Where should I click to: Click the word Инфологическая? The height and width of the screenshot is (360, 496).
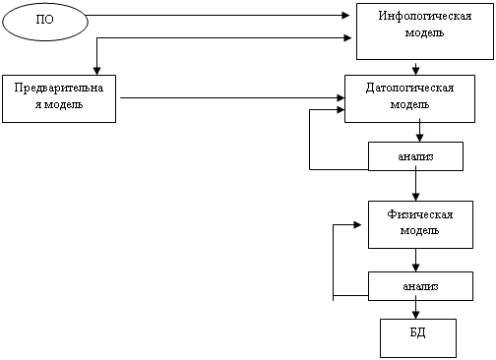click(x=425, y=16)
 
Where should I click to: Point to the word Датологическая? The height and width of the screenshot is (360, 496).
click(x=409, y=88)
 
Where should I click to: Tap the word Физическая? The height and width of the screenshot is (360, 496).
click(x=420, y=214)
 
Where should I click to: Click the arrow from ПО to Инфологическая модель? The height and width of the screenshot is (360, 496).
click(x=217, y=15)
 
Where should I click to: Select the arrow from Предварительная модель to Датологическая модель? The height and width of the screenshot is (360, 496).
click(x=232, y=97)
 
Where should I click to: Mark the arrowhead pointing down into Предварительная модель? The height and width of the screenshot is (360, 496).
click(x=96, y=71)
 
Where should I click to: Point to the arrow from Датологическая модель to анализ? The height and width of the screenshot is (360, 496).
click(x=419, y=132)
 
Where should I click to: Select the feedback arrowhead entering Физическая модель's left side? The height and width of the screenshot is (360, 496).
click(x=357, y=225)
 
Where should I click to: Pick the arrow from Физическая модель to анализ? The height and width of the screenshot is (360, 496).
click(x=415, y=260)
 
